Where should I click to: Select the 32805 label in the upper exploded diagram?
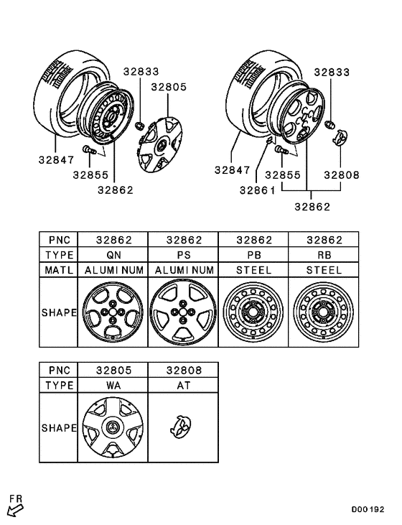[168, 86]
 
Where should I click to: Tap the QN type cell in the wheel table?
[112, 254]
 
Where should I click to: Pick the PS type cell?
[183, 254]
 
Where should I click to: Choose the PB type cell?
[253, 254]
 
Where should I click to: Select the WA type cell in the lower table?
[112, 385]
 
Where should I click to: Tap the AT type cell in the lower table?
[183, 385]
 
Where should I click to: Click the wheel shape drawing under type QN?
[112, 313]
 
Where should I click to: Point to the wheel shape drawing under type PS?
[183, 313]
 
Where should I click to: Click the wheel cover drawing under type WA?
[112, 429]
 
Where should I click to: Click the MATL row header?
[58, 270]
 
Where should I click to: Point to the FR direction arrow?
[15, 507]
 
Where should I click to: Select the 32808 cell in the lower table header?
[183, 369]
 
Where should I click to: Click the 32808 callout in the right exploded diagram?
[342, 175]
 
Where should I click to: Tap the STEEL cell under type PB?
[253, 270]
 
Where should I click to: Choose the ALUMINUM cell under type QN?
[112, 270]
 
